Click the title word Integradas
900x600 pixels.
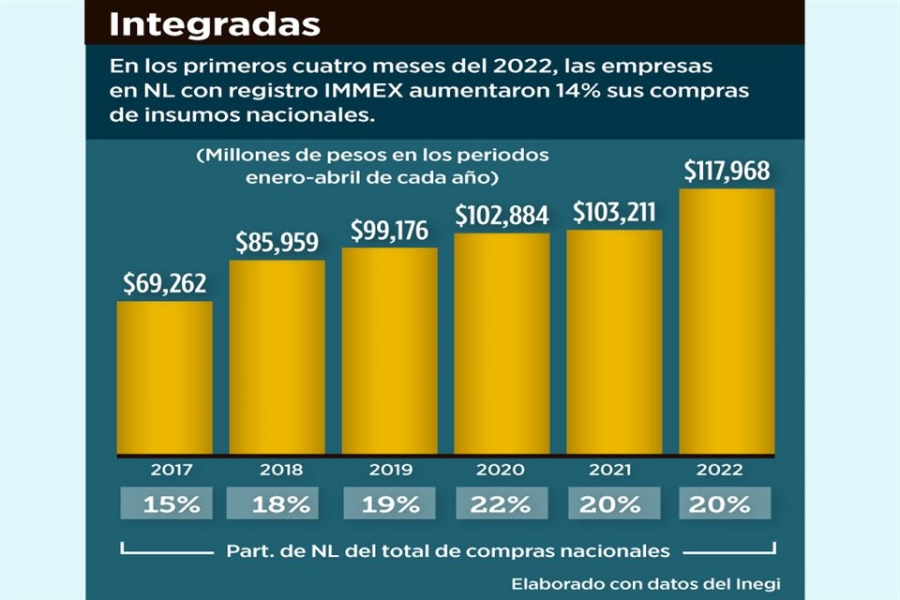click(215, 23)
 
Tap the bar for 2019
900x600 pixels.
click(389, 352)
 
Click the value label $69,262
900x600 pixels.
click(165, 284)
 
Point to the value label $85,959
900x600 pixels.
click(277, 242)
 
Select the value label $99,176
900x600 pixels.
click(390, 230)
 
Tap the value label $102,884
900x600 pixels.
click(502, 215)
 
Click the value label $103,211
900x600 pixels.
click(615, 212)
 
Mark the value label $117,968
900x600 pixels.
click(727, 172)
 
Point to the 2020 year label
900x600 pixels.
click(502, 471)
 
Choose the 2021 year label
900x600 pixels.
click(614, 471)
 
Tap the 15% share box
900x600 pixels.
click(171, 504)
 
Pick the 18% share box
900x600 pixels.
click(281, 504)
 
